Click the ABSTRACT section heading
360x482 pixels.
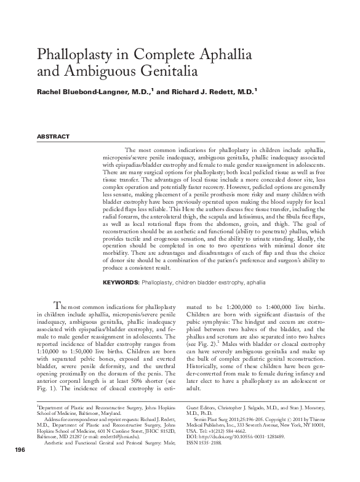(x=54, y=137)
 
